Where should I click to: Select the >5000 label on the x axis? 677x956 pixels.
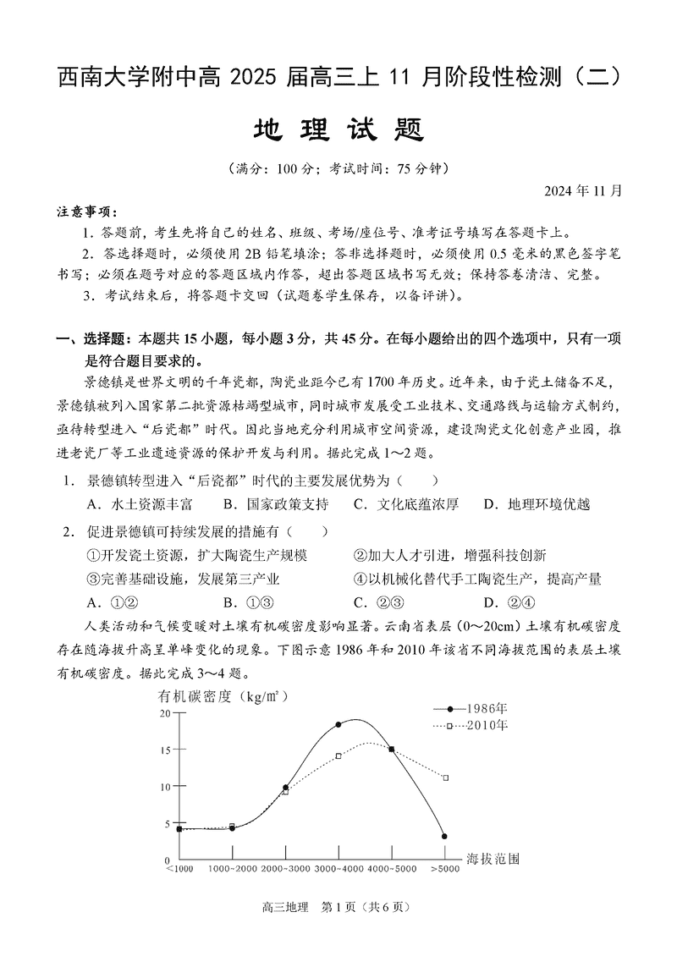(445, 868)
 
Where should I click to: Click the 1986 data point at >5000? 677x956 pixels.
(444, 836)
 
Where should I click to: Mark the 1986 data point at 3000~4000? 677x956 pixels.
(338, 724)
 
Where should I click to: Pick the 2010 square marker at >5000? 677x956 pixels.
(445, 777)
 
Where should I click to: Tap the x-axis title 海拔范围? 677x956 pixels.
(493, 859)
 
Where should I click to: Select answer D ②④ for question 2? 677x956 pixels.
(509, 602)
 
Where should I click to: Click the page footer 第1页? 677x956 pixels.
(338, 907)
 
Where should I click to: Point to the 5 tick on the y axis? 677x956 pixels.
(167, 823)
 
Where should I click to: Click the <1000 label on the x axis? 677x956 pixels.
(179, 868)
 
